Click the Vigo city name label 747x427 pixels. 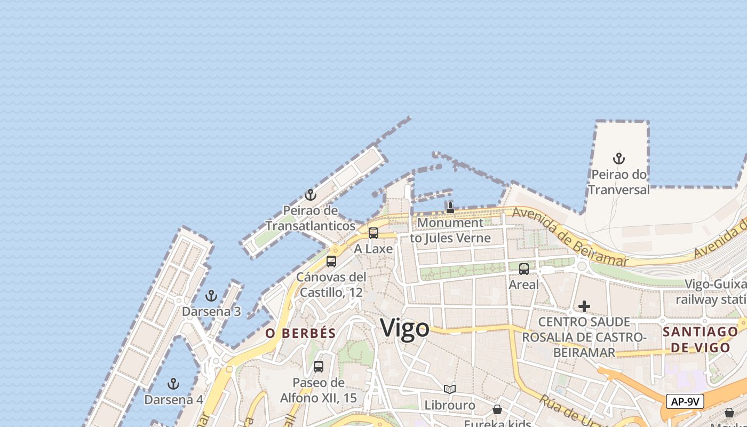(x=404, y=328)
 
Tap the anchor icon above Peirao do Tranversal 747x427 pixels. (x=618, y=159)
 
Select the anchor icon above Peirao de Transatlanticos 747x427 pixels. (x=310, y=195)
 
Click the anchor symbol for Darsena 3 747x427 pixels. (x=211, y=296)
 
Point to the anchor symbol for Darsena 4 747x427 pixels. (x=173, y=384)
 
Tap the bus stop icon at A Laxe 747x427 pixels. (x=373, y=233)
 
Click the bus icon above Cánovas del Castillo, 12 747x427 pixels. (x=331, y=262)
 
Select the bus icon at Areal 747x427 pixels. (x=524, y=269)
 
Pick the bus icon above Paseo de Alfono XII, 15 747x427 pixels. (x=319, y=367)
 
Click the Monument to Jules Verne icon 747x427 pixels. (x=450, y=208)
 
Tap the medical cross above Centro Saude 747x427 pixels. (x=584, y=306)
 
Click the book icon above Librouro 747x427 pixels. (x=450, y=390)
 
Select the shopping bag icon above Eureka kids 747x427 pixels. (x=497, y=409)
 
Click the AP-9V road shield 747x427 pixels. (x=685, y=401)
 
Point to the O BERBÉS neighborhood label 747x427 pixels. (x=301, y=334)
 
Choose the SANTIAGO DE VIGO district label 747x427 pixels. (x=700, y=339)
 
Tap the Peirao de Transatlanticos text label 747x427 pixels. (x=310, y=218)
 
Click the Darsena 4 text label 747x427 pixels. (x=173, y=399)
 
